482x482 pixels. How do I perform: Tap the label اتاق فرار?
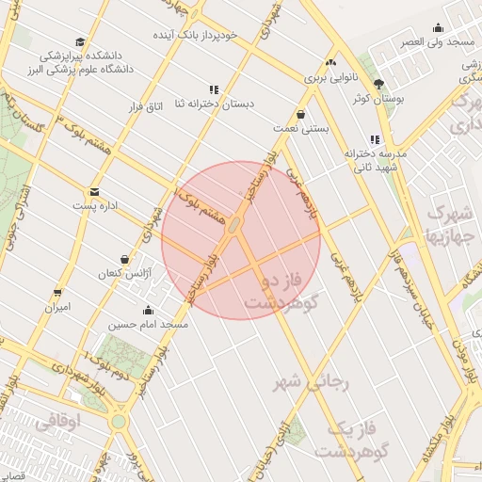146,106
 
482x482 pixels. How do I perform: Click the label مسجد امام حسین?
148,324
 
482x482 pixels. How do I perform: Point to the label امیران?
58,307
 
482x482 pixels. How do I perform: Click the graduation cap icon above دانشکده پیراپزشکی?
81,42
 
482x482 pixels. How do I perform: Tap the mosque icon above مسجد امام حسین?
148,310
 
